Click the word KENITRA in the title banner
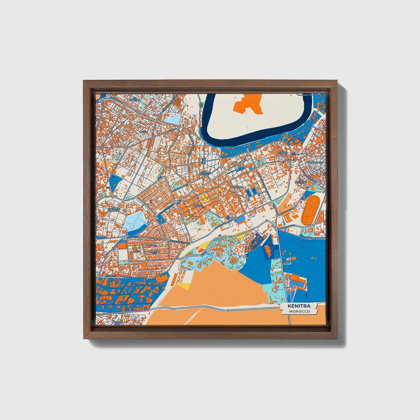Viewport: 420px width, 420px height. [x=299, y=306]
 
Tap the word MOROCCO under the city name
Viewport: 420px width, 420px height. [x=299, y=311]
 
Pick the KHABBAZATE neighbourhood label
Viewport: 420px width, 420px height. [x=315, y=162]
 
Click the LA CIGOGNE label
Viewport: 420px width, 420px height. [x=301, y=182]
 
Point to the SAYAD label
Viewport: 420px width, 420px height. [x=144, y=132]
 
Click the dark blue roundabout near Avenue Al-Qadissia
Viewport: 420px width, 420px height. [x=228, y=218]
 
